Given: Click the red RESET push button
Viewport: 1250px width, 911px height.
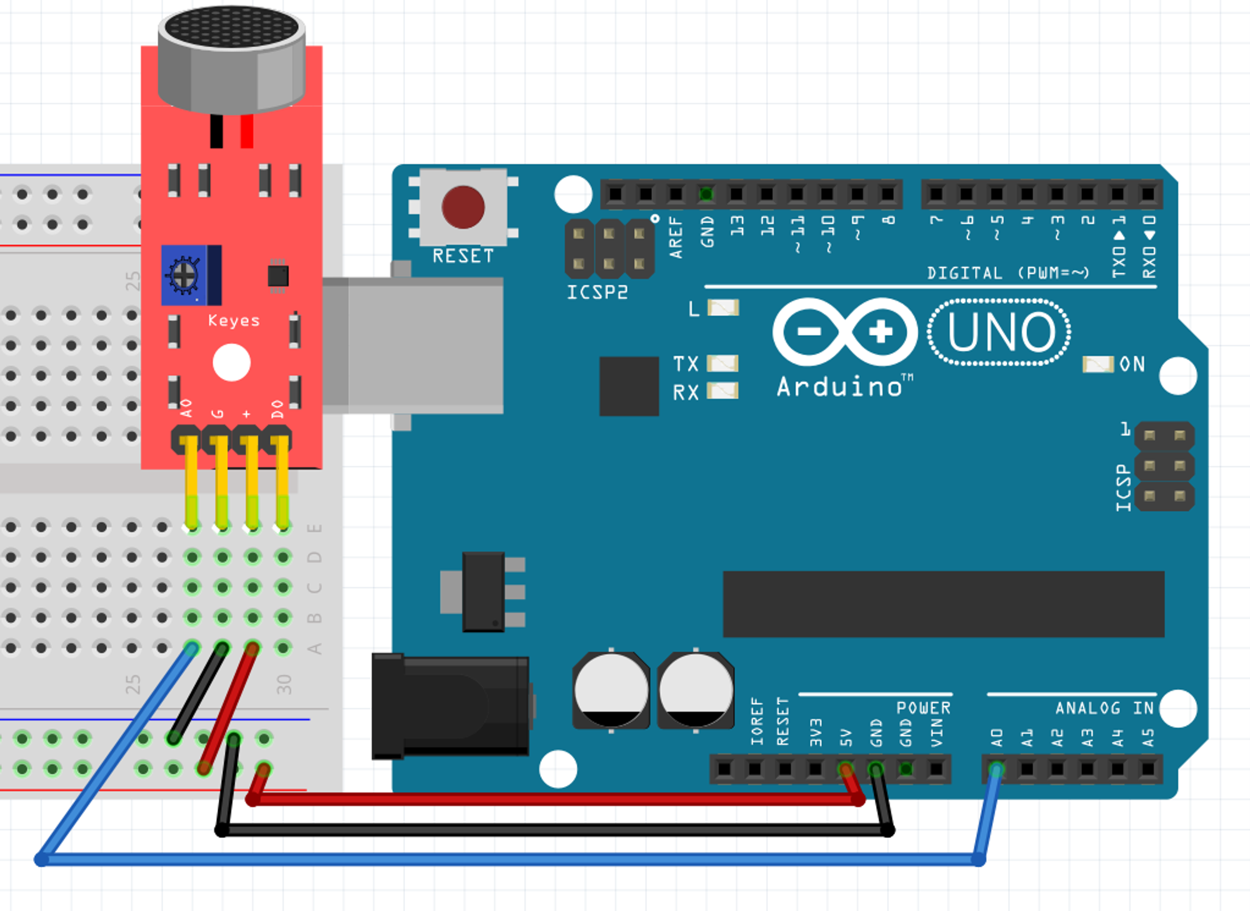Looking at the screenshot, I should (463, 207).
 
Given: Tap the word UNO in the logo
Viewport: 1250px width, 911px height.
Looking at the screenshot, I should (1001, 332).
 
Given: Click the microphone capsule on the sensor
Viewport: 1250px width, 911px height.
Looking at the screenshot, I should (231, 59).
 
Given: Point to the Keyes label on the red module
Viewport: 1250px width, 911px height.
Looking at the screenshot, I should (234, 321).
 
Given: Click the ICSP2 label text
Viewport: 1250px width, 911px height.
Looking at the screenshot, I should (597, 293).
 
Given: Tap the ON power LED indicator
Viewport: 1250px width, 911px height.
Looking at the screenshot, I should (1097, 365).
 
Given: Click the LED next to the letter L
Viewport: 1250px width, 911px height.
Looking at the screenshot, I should (723, 308).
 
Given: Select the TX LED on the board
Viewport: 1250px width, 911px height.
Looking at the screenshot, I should (722, 363).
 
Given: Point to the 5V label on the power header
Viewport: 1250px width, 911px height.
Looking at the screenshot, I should (846, 737).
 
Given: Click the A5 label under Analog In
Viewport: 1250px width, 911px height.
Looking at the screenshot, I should (1148, 738).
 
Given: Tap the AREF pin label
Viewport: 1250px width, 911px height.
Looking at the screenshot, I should (676, 238).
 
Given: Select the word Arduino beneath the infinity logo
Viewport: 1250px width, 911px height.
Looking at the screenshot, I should (841, 387).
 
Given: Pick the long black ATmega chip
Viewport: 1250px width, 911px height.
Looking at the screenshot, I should (943, 603).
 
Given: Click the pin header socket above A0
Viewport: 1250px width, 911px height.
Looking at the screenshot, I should (997, 769).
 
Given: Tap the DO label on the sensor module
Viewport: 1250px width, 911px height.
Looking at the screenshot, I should (277, 410).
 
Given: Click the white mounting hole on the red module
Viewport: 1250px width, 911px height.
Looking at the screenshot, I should (231, 363).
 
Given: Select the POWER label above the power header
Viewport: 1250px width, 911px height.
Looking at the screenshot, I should (923, 708).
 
